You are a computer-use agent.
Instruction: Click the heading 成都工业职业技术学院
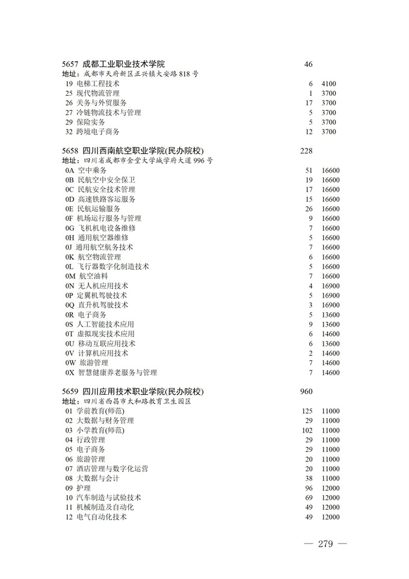coord(123,64)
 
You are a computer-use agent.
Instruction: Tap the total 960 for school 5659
coord(306,392)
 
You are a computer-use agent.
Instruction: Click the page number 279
coord(325,544)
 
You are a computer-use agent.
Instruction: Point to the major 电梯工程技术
coord(98,84)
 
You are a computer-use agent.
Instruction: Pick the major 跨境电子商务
coord(98,132)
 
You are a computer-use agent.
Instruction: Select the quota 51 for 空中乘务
coord(309,171)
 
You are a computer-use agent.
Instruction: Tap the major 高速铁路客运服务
coord(106,199)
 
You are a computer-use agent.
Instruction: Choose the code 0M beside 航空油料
coord(70,277)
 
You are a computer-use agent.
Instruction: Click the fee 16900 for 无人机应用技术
coord(330,286)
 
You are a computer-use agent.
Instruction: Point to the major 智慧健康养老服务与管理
coord(117,373)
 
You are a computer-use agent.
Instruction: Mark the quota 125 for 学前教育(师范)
coord(307,412)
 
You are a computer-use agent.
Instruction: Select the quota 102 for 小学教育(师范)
coord(307,431)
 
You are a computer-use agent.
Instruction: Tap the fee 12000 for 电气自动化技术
coord(330,517)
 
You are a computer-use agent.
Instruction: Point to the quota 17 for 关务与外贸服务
coord(309,103)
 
